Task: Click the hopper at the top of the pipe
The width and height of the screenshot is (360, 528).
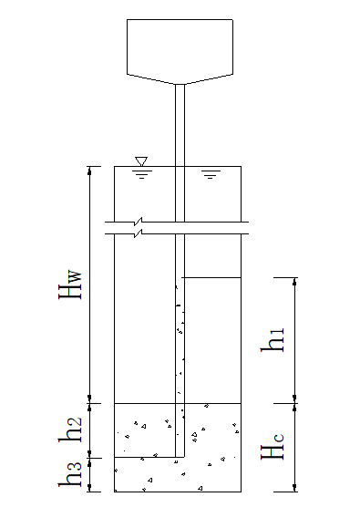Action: click(x=180, y=51)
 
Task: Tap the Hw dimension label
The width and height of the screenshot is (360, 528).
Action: click(x=70, y=284)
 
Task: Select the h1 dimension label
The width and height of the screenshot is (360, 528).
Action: click(x=273, y=339)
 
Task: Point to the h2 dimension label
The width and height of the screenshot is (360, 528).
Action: click(x=70, y=430)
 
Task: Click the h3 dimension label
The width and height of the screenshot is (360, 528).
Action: click(x=70, y=474)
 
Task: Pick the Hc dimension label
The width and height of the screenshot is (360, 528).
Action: click(x=273, y=446)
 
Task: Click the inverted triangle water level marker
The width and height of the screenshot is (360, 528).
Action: click(x=141, y=161)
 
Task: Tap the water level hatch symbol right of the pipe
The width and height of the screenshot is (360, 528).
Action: click(x=211, y=174)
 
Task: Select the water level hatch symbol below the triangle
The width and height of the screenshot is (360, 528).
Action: click(x=141, y=174)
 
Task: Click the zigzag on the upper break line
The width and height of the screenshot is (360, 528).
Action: click(x=138, y=222)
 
